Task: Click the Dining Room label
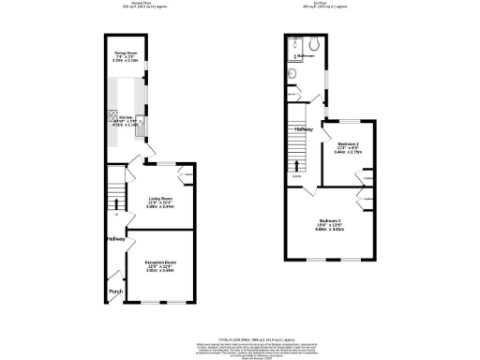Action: [x=127, y=52]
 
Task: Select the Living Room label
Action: [x=159, y=198]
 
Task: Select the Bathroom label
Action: [x=307, y=55]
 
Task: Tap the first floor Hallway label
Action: [x=303, y=129]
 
